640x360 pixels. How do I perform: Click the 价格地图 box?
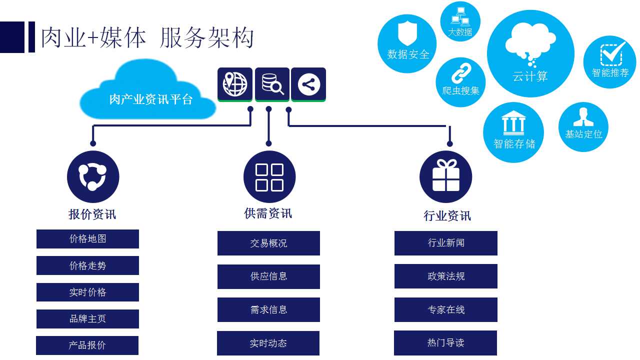[x=87, y=239]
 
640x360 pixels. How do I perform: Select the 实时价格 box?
[x=87, y=292]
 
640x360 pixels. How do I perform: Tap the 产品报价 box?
[x=87, y=345]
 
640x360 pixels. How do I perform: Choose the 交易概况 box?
[x=268, y=243]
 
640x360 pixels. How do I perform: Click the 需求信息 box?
[x=268, y=310]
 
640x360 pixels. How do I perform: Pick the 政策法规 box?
[x=445, y=276]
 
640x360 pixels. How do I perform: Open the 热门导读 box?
[x=445, y=343]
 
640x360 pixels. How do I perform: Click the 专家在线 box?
[x=445, y=310]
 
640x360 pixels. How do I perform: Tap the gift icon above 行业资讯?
[x=445, y=177]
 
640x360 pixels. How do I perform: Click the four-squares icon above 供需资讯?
[x=269, y=177]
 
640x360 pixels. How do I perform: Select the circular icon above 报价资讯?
[x=93, y=177]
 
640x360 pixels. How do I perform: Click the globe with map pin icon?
[x=235, y=84]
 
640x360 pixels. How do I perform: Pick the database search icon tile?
[x=272, y=84]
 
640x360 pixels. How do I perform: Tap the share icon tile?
[x=308, y=84]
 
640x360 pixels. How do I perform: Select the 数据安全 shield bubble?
[x=407, y=43]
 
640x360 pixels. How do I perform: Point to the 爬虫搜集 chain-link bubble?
[x=460, y=82]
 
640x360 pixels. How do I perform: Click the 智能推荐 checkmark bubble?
[x=610, y=61]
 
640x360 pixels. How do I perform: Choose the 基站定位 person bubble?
[x=583, y=127]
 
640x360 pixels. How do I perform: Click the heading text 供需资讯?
[x=268, y=213]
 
